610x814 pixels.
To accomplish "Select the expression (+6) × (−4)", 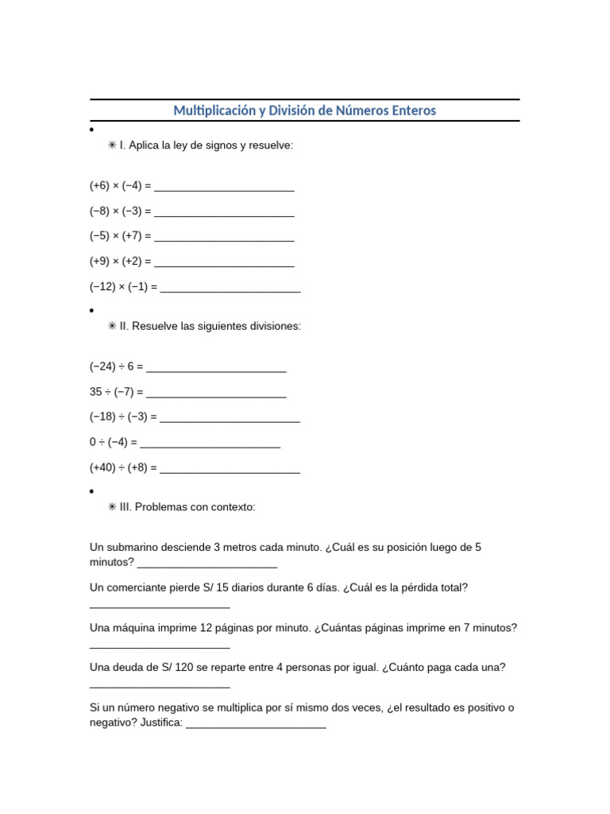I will (x=115, y=186).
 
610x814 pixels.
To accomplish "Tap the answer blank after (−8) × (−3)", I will (x=224, y=211).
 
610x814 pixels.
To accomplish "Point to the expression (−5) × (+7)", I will (x=115, y=236).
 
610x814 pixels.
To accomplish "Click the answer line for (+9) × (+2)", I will (x=224, y=262).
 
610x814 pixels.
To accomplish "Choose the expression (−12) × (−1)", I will (x=118, y=287).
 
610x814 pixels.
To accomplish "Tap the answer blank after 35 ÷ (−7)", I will (x=216, y=393).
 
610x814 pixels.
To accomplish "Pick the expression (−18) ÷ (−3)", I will (x=118, y=417).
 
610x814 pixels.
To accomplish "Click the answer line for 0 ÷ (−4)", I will (x=210, y=443).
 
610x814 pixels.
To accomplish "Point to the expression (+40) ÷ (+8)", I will (x=118, y=468).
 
